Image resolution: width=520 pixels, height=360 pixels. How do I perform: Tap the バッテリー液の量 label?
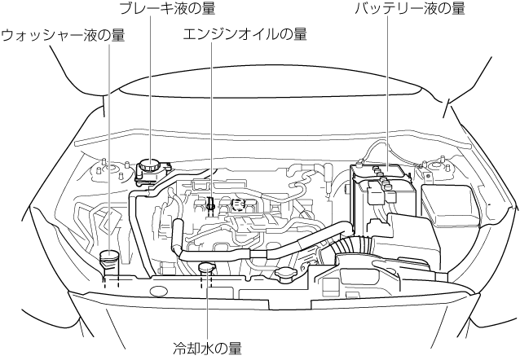point(409,9)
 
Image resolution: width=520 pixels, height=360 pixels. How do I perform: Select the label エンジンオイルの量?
point(245,34)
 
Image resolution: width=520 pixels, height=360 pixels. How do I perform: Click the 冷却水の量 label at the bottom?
point(207,349)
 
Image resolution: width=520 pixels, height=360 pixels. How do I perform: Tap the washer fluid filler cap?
point(109,257)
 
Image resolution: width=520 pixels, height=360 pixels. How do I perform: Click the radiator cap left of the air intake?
point(288,276)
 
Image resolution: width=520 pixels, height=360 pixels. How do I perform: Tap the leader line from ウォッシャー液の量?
point(109,147)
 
